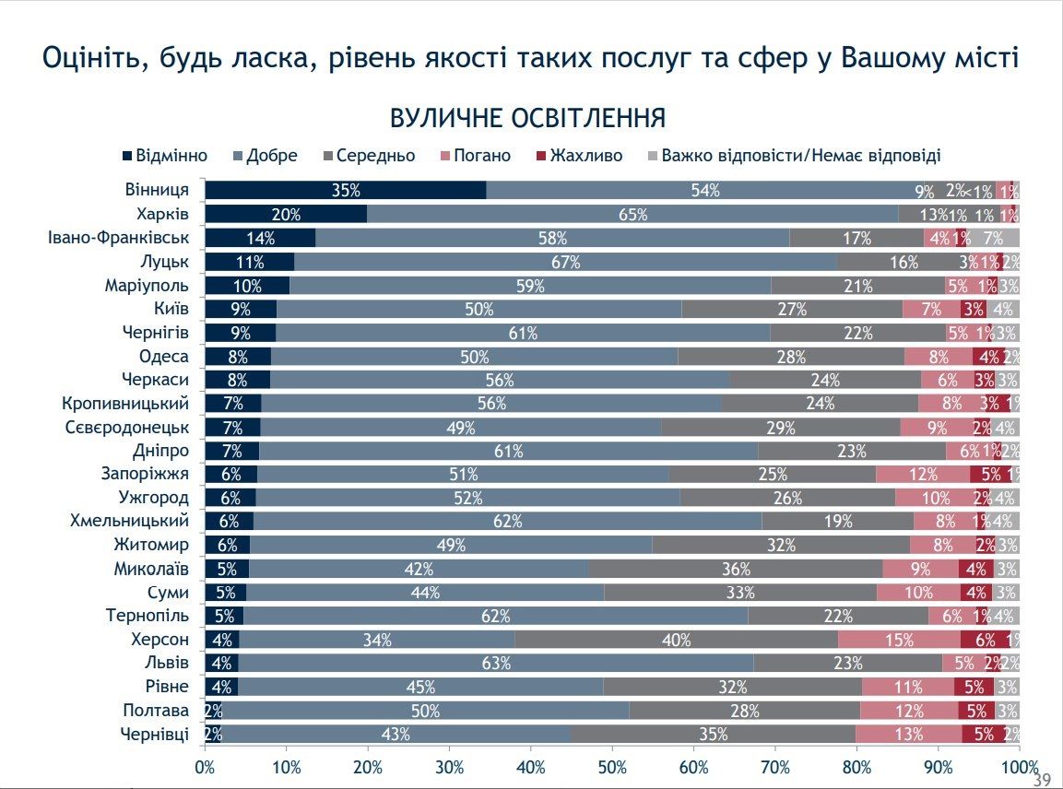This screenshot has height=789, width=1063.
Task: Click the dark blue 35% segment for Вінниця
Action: click(346, 191)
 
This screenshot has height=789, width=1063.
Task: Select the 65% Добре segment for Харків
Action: click(632, 215)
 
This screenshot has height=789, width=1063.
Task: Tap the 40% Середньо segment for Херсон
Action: click(676, 640)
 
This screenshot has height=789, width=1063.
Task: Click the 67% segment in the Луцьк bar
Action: click(565, 262)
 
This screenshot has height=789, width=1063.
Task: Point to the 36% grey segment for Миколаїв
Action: click(736, 569)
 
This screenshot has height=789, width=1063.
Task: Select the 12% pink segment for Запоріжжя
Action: click(922, 474)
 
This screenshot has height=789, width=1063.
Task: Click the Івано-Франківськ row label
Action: click(119, 238)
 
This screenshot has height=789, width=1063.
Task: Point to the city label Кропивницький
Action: click(125, 404)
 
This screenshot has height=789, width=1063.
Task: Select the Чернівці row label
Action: click(155, 734)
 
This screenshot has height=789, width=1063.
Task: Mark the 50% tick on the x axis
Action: click(612, 768)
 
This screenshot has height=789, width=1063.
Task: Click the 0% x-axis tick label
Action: click(205, 768)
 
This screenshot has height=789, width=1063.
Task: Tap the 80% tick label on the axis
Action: click(856, 768)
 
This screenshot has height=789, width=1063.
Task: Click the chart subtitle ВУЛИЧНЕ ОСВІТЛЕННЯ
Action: click(528, 119)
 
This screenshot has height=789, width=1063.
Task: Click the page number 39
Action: click(1042, 780)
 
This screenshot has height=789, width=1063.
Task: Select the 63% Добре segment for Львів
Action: click(496, 663)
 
